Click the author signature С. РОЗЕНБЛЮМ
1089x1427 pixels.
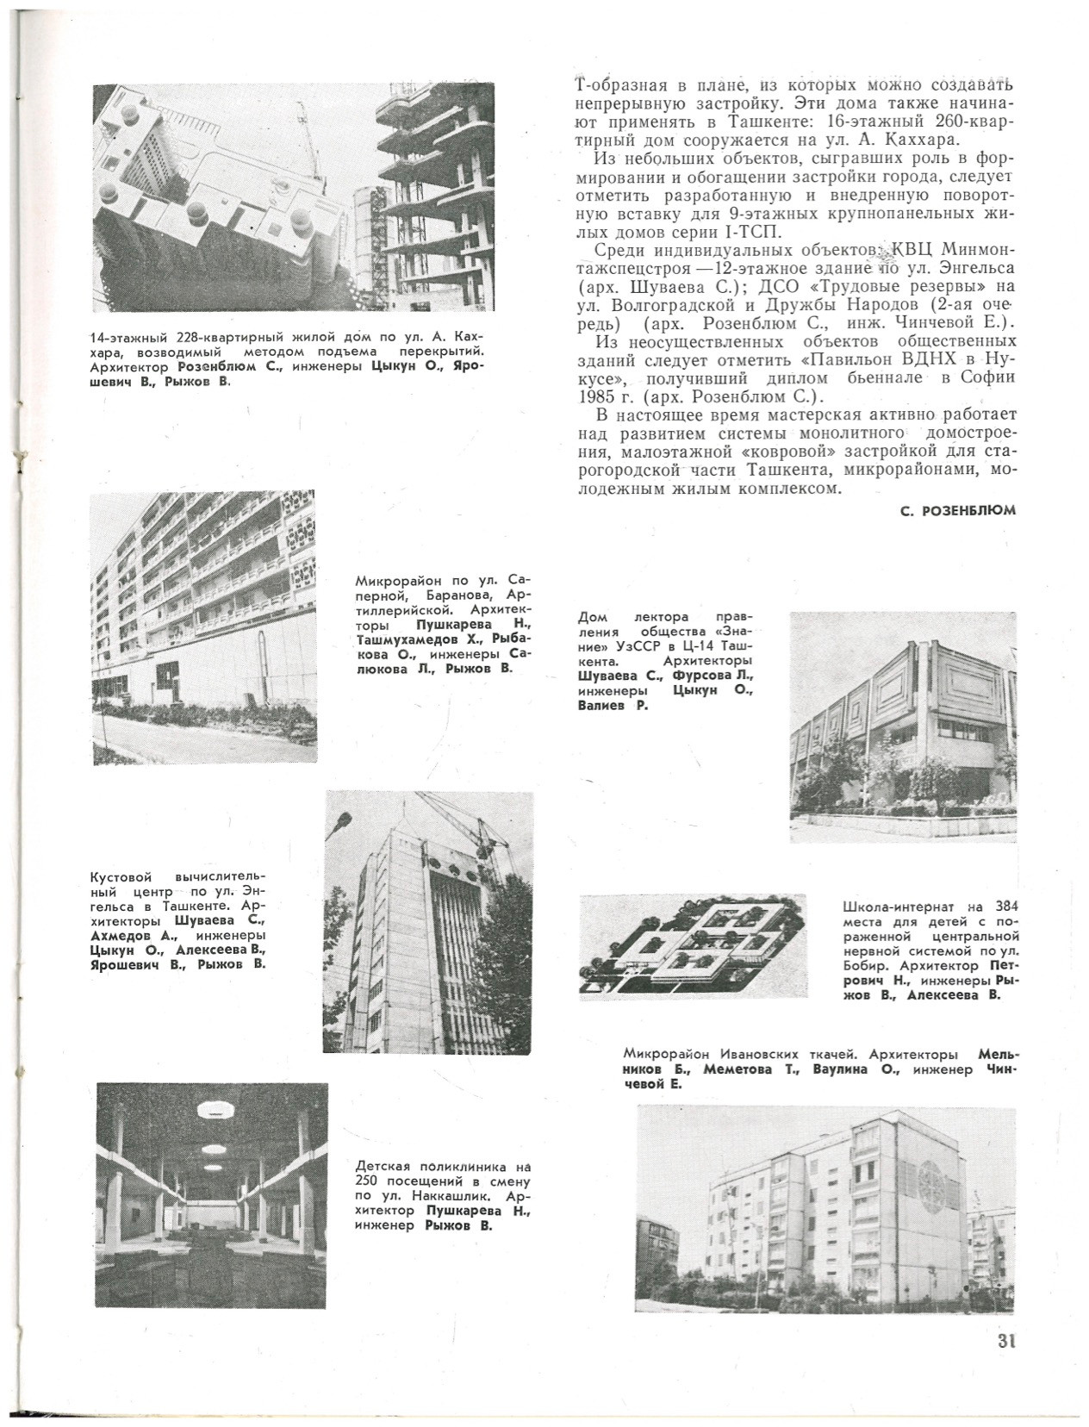click(x=957, y=510)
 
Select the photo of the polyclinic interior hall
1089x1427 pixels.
click(x=212, y=1196)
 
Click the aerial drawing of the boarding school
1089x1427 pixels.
click(x=694, y=947)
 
